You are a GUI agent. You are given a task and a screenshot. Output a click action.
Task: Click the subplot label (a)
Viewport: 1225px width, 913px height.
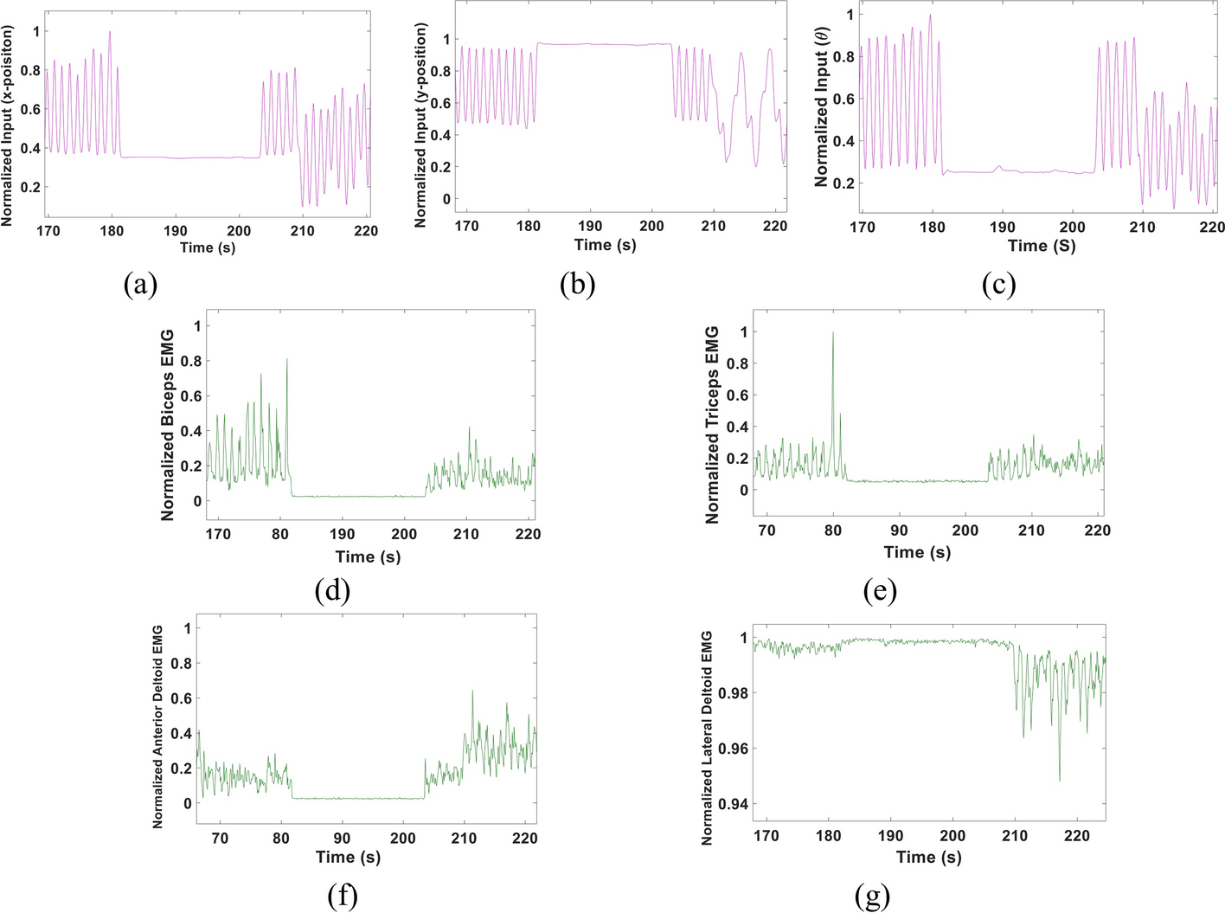point(140,284)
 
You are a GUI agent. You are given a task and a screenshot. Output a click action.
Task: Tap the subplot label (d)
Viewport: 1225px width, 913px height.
point(333,591)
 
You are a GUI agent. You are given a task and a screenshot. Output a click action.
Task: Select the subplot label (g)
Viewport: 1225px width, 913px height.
point(871,897)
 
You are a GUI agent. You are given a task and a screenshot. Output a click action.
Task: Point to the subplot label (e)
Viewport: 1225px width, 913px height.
point(880,591)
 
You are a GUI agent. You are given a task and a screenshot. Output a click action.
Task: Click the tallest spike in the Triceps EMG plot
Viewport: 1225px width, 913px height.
point(833,333)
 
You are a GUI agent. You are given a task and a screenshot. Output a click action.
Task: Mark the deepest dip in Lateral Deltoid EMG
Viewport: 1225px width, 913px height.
point(1059,781)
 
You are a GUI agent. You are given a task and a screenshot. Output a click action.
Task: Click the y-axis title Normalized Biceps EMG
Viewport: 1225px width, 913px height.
point(168,424)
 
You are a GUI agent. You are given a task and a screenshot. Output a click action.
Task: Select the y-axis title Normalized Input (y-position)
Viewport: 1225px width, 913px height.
point(421,125)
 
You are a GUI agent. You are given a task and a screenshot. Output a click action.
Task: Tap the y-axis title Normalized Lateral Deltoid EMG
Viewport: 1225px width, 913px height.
point(707,737)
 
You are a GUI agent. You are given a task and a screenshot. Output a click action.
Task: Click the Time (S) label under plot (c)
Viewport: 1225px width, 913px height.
point(1042,246)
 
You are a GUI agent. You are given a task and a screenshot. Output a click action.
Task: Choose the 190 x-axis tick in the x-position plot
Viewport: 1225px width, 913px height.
point(175,230)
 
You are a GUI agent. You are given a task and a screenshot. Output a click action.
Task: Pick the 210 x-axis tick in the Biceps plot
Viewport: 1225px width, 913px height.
point(465,534)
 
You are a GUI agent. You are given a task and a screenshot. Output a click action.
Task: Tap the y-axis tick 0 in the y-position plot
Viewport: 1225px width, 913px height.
point(446,199)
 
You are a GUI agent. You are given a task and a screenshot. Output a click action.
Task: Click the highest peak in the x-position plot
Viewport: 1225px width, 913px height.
point(110,32)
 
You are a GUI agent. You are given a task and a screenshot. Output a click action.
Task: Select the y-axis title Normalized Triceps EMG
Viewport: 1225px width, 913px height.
point(713,424)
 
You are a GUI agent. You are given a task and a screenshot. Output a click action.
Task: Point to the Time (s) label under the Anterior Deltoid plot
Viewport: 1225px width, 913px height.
point(348,857)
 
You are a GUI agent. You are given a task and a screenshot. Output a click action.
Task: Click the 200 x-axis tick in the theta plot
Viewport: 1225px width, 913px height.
point(1072,227)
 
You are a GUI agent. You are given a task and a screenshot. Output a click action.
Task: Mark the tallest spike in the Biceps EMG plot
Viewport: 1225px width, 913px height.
point(286,359)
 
